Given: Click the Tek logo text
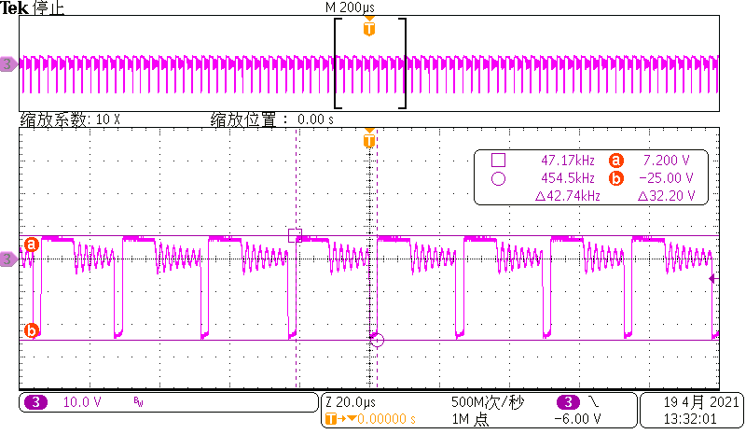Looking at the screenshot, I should point(16,7).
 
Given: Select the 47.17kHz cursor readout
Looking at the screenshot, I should point(568,160).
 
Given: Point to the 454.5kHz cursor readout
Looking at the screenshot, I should point(568,177).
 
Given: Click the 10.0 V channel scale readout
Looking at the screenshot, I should point(81,402).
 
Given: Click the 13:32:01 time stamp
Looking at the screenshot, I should point(690,420).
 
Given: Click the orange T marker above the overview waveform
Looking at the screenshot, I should point(369,29).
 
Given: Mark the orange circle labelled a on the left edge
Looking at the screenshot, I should point(31,245).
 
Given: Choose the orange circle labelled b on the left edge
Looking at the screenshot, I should point(31,329).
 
